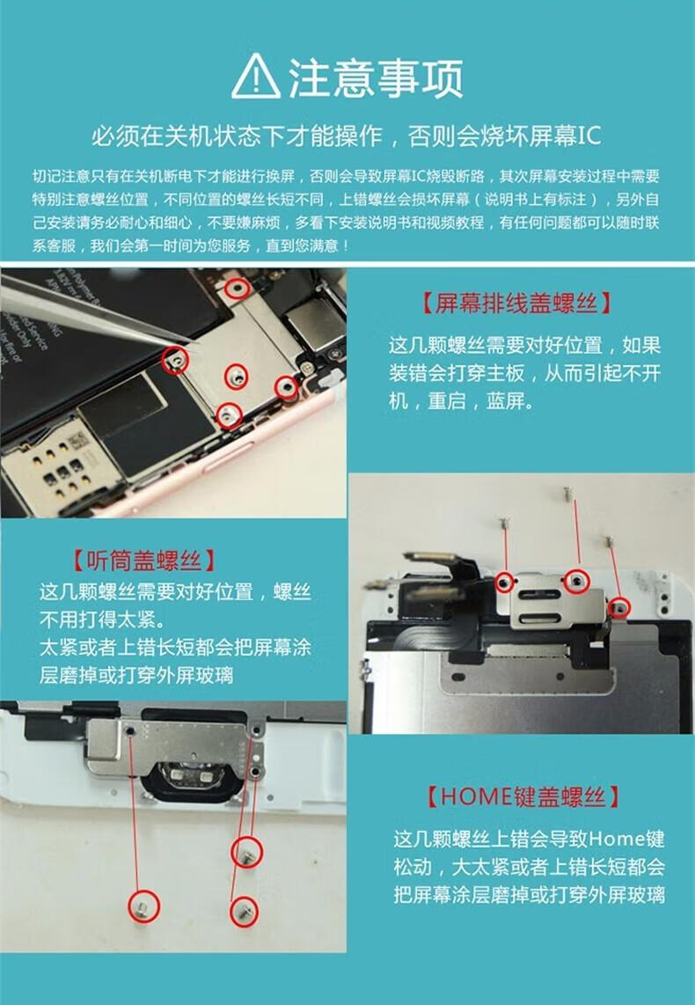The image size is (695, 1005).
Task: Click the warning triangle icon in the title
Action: tap(256, 77)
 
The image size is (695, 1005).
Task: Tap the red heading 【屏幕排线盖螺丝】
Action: tap(516, 303)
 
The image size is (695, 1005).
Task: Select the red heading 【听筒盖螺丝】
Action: tap(143, 561)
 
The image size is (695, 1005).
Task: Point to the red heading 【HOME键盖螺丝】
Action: tap(523, 796)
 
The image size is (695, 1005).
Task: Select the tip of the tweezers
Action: tap(190, 343)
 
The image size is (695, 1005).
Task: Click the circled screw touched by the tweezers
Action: tap(176, 361)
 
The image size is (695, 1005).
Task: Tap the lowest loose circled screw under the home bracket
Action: tap(244, 912)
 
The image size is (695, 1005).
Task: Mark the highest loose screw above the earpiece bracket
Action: tap(567, 492)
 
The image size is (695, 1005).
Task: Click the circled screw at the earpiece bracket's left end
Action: tap(505, 583)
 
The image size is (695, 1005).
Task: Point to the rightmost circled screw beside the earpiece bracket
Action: tap(618, 606)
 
